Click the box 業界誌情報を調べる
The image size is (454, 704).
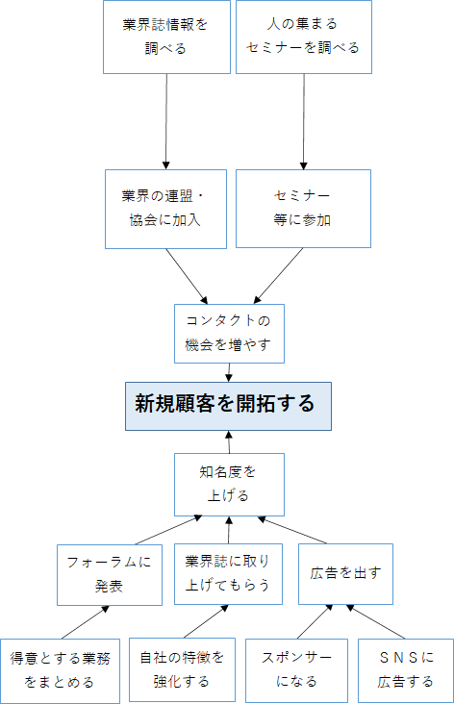[x=166, y=37]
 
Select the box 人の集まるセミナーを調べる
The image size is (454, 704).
[x=304, y=37]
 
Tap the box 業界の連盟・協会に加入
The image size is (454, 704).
[x=165, y=209]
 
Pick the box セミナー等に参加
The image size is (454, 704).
[x=303, y=209]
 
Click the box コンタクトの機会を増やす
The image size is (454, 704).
[x=229, y=334]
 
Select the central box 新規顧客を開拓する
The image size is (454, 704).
[x=228, y=406]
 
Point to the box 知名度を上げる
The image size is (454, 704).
[x=229, y=485]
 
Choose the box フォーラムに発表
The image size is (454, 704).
[x=109, y=575]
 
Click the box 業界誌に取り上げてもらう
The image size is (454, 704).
[x=228, y=574]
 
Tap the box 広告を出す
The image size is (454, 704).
[x=345, y=574]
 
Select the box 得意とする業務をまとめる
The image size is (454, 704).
[x=60, y=670]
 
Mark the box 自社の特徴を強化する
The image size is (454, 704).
[x=182, y=670]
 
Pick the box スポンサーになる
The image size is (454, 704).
[x=296, y=670]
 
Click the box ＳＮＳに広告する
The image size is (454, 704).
[x=406, y=670]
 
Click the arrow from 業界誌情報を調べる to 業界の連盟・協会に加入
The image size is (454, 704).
[x=166, y=122]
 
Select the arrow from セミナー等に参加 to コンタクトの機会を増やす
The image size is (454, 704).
[x=278, y=276]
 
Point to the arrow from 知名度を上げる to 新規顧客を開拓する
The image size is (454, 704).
[x=229, y=442]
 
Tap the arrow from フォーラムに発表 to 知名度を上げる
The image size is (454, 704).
[x=168, y=530]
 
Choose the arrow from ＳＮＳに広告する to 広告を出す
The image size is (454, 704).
[x=375, y=622]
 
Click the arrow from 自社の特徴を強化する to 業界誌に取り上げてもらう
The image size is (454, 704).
[x=206, y=621]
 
